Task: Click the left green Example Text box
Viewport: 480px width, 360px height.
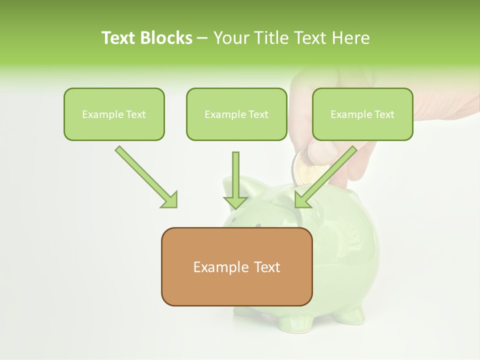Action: (x=114, y=114)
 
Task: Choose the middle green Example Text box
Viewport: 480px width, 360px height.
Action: (x=236, y=114)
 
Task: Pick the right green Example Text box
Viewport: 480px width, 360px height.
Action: (x=362, y=114)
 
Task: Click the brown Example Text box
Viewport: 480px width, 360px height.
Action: (x=236, y=266)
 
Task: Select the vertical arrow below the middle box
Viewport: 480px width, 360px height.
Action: (x=235, y=180)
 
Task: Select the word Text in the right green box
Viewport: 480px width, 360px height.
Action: (x=384, y=114)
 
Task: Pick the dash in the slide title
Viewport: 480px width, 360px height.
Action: (x=202, y=38)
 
